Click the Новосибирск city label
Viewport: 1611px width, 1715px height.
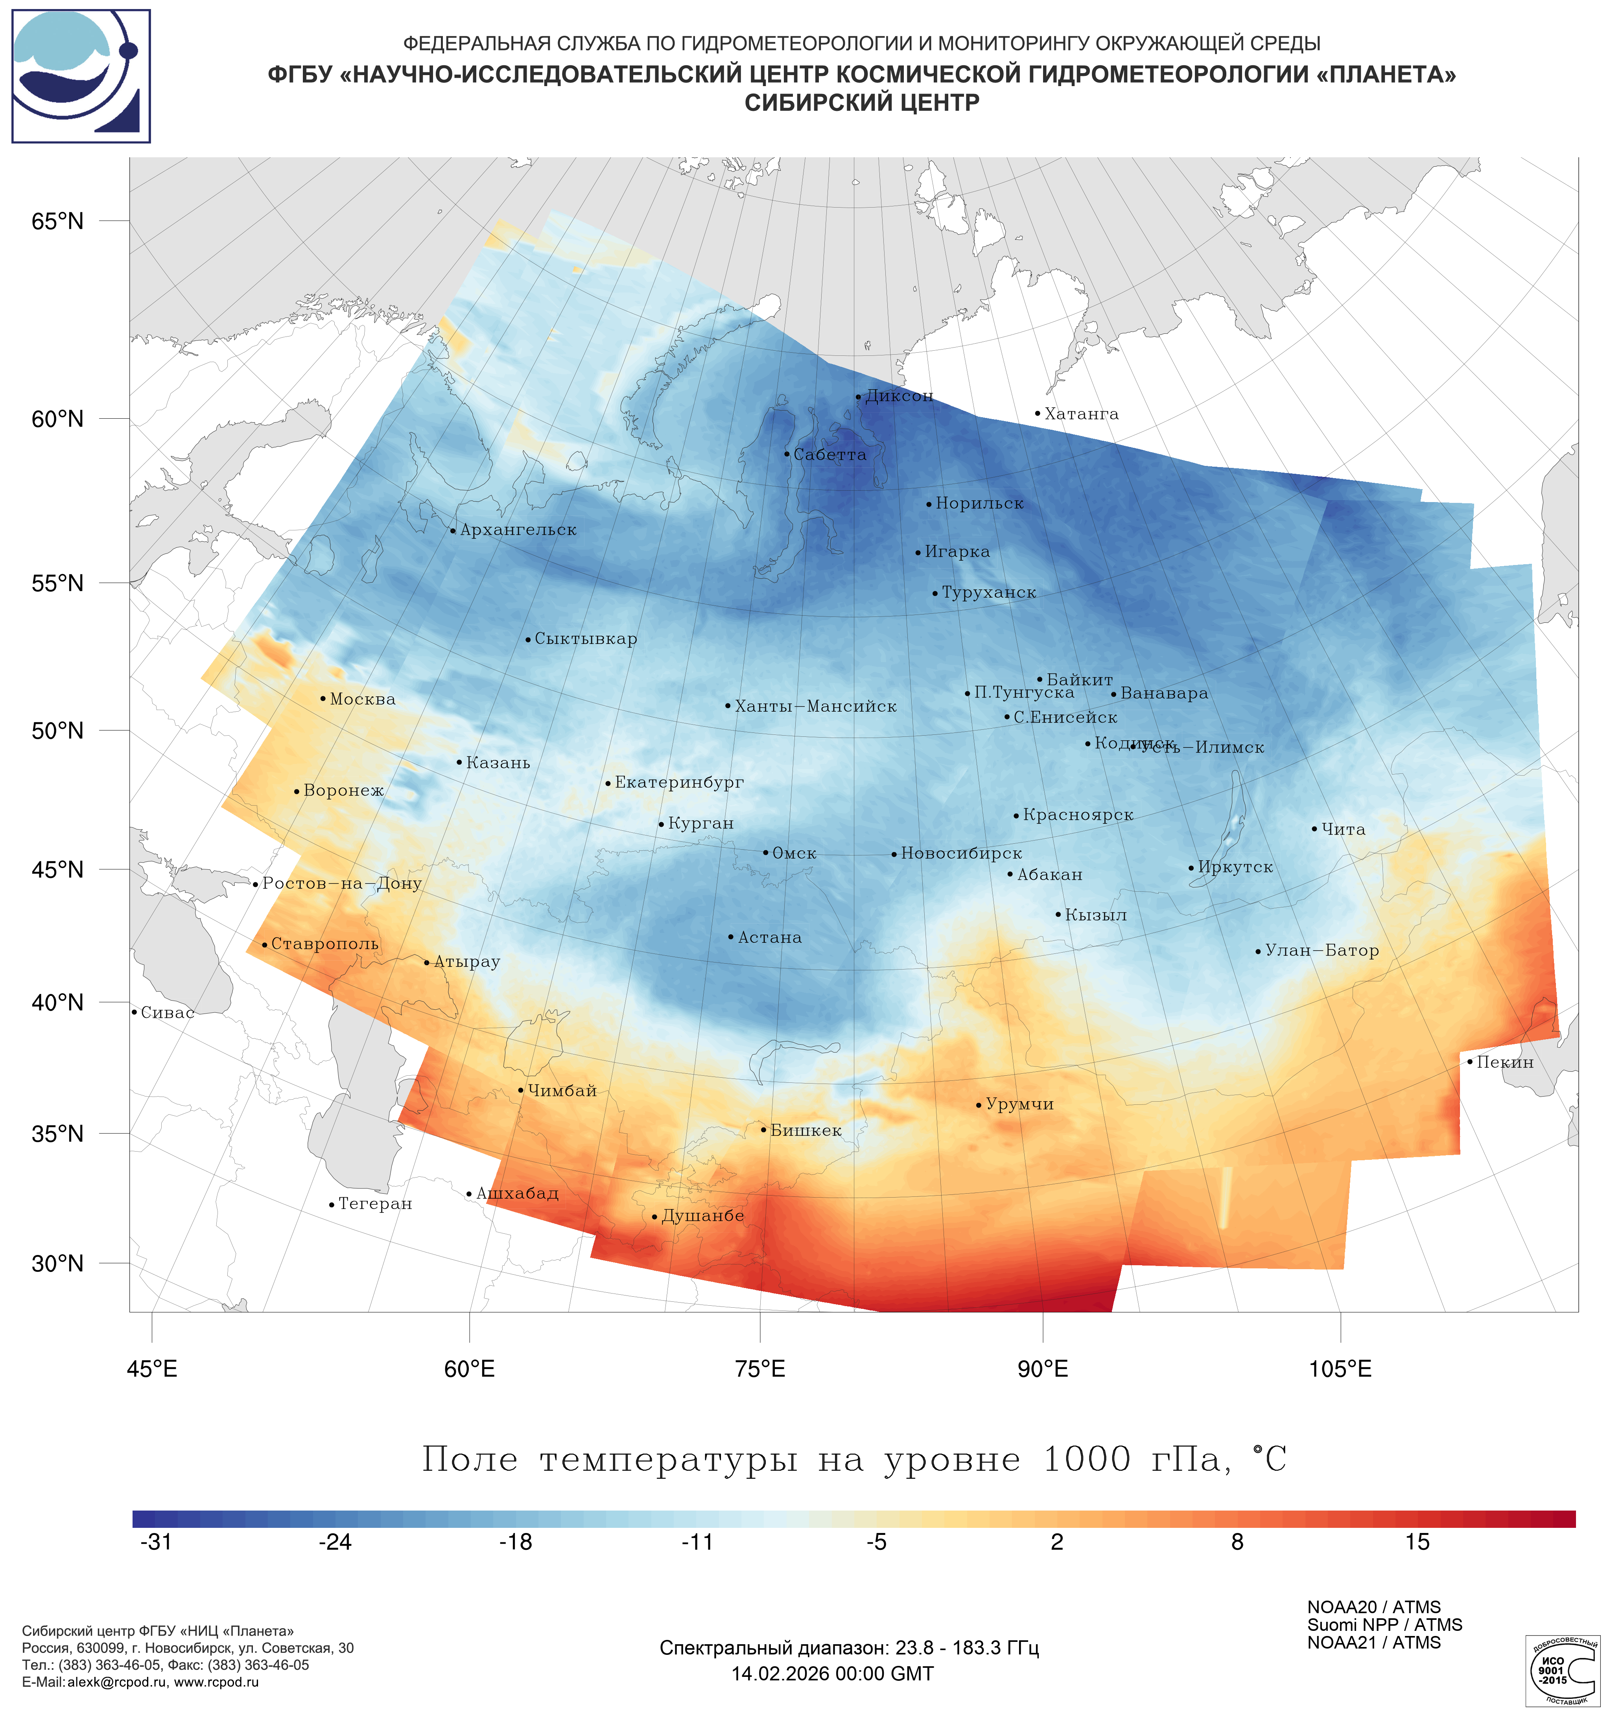pyautogui.click(x=961, y=854)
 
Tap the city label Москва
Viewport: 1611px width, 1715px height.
pyautogui.click(x=362, y=699)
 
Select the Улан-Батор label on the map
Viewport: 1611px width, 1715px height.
pyautogui.click(x=1322, y=951)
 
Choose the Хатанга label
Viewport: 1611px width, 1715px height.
pyautogui.click(x=1081, y=414)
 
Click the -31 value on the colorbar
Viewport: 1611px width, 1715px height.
pyautogui.click(x=156, y=1542)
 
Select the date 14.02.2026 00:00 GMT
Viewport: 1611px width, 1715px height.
pyautogui.click(x=833, y=1675)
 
